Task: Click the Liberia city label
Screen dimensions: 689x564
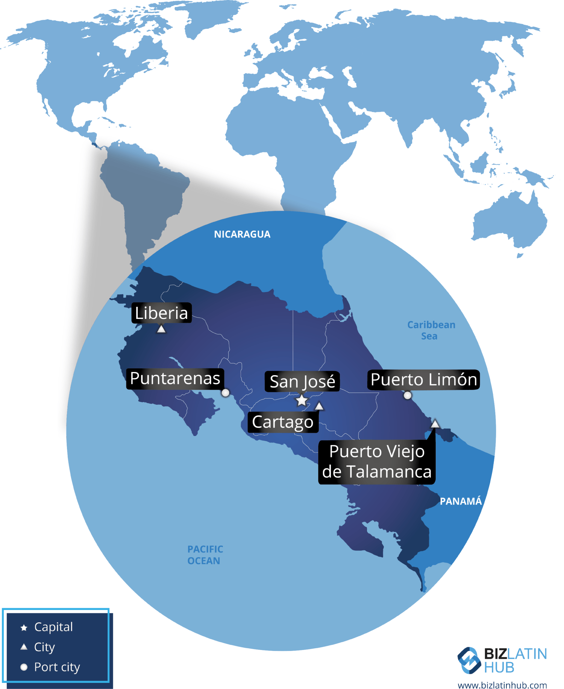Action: coord(161,313)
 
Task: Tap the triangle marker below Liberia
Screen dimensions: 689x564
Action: coord(161,329)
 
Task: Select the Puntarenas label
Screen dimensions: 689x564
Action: coord(175,378)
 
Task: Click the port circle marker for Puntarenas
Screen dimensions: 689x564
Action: coord(225,393)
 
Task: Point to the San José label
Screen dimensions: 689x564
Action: coord(302,382)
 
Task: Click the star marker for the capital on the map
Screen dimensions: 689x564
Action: coord(302,400)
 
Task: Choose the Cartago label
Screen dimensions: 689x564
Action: coord(283,422)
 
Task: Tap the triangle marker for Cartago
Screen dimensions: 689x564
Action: coord(319,406)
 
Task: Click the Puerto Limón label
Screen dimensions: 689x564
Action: coord(424,380)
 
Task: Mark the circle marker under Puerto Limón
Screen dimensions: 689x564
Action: coord(407,395)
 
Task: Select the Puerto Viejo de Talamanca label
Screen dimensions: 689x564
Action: coord(377,462)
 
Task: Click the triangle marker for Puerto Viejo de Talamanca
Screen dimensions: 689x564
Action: coord(435,424)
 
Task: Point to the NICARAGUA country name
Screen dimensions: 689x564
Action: coord(242,234)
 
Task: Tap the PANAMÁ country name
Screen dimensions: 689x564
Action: coord(461,502)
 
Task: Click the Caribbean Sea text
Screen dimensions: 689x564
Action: coord(431,330)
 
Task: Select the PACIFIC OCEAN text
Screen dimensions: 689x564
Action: coord(205,555)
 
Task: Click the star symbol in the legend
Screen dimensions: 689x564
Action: coord(24,628)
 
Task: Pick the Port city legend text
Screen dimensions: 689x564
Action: coord(57,667)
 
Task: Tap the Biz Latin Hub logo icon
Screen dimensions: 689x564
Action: coord(469,660)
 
